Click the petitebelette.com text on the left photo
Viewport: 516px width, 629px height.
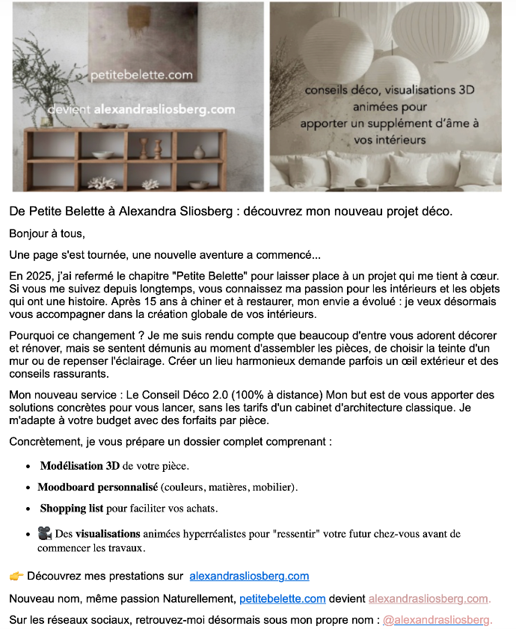point(141,75)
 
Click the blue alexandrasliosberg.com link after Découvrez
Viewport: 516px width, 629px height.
point(249,576)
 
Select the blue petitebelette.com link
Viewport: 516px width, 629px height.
point(282,598)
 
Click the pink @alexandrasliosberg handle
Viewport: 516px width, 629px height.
point(437,620)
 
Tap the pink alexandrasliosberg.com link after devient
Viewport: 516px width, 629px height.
point(428,598)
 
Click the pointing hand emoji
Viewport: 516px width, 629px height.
point(16,576)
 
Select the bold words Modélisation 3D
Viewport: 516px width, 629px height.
point(79,466)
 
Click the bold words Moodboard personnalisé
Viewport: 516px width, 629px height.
point(97,487)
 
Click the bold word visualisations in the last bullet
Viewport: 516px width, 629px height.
point(108,534)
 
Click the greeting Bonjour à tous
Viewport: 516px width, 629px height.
point(47,233)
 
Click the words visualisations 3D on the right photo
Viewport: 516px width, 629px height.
point(429,90)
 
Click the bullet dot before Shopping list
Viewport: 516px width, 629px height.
point(28,509)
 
